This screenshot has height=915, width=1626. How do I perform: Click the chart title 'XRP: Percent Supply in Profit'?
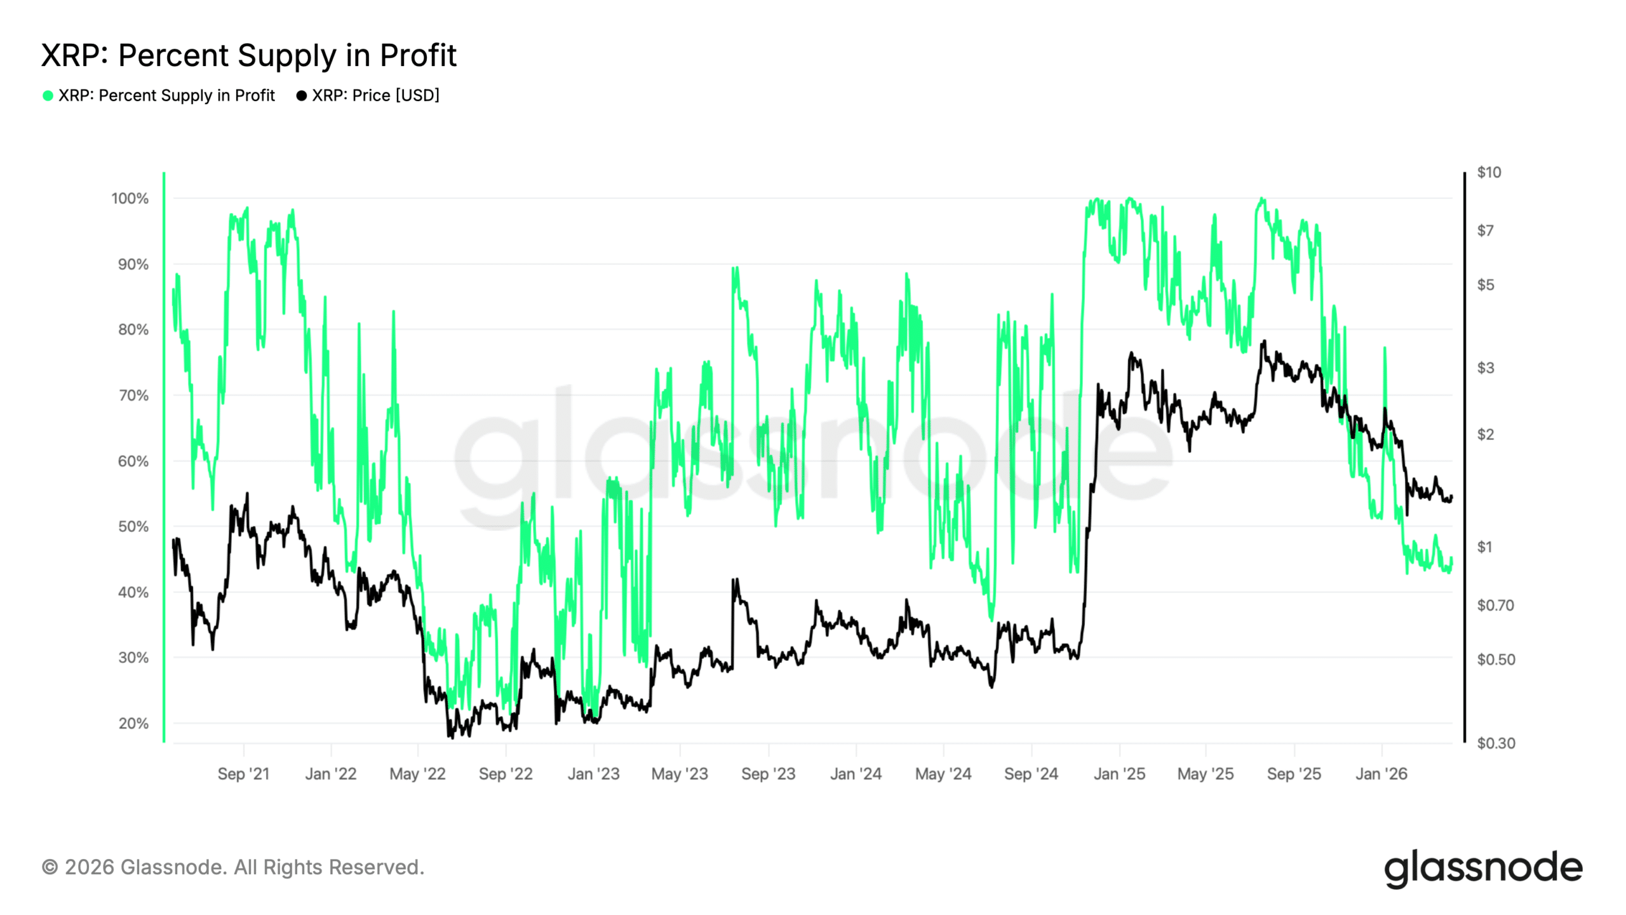point(248,55)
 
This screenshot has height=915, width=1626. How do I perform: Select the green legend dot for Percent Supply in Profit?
point(48,96)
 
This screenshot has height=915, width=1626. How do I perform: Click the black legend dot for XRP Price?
point(302,96)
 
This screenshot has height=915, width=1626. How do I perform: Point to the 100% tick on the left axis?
point(130,199)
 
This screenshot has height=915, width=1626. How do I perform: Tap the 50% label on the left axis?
point(133,527)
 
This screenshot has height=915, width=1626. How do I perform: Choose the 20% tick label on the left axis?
point(133,723)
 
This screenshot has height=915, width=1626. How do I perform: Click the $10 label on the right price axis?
point(1489,172)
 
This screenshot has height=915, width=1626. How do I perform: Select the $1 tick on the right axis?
point(1484,546)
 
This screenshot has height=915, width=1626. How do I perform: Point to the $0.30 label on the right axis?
point(1496,743)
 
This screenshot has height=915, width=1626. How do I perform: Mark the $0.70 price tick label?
point(1495,605)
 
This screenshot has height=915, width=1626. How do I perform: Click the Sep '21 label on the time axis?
point(243,774)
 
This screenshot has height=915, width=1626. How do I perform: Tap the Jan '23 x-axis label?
point(593,774)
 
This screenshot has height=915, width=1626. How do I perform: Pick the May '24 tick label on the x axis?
point(943,774)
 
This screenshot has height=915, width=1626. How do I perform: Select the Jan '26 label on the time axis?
point(1381,774)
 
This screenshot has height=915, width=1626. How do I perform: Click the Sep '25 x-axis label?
point(1294,774)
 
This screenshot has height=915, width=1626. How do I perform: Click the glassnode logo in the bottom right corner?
point(1483,868)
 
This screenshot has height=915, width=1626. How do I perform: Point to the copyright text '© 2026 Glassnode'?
point(232,867)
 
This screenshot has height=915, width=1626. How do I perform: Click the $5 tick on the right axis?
point(1486,285)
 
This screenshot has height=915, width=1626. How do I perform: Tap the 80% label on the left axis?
point(133,330)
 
